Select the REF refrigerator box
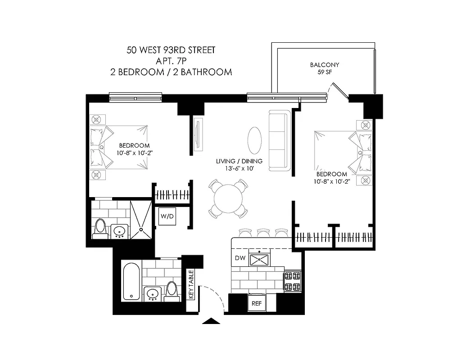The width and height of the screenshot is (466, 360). (x=257, y=303)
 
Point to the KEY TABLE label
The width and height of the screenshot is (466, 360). (x=191, y=285)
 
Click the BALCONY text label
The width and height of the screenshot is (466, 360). (x=325, y=65)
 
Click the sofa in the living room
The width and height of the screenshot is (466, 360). (x=279, y=140)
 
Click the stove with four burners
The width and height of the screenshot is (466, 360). (x=293, y=281)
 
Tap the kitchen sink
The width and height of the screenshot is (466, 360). (x=259, y=259)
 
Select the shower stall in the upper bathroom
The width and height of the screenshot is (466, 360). (x=141, y=219)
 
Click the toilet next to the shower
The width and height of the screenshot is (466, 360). (x=100, y=228)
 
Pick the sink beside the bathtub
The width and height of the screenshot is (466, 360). (x=153, y=294)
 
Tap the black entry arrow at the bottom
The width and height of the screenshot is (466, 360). (x=212, y=321)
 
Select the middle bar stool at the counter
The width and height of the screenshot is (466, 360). (x=263, y=232)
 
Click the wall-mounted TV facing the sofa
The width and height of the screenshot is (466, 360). (x=198, y=134)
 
